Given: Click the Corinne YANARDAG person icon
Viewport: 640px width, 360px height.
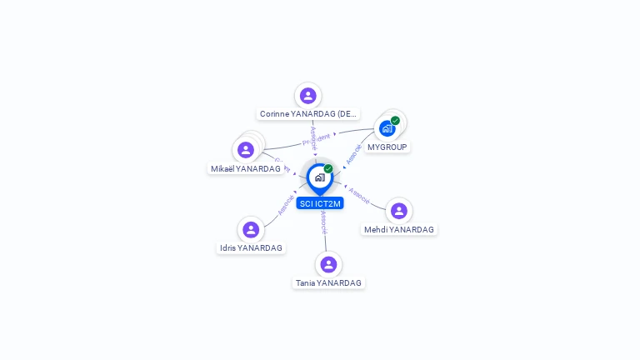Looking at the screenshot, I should pyautogui.click(x=308, y=96).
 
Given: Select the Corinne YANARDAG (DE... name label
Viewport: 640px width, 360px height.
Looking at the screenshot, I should pyautogui.click(x=308, y=113).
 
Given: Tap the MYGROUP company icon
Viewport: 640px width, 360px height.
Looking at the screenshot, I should pyautogui.click(x=387, y=128).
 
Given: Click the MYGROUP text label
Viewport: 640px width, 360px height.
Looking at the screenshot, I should pyautogui.click(x=387, y=147).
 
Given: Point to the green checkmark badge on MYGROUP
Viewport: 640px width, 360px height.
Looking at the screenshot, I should pyautogui.click(x=395, y=121).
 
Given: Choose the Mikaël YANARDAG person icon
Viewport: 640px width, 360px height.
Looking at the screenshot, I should pyautogui.click(x=246, y=150).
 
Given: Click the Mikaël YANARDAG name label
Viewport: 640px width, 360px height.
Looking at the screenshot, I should pyautogui.click(x=246, y=168).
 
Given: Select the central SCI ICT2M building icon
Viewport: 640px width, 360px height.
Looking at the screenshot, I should pyautogui.click(x=319, y=177).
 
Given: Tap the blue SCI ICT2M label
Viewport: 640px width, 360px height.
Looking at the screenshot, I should pyautogui.click(x=320, y=202).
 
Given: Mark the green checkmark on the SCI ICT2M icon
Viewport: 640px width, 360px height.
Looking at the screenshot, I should pyautogui.click(x=328, y=169).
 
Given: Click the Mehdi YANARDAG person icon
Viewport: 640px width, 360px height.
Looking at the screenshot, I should pyautogui.click(x=399, y=211).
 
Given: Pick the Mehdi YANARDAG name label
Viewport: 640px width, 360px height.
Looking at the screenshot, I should pyautogui.click(x=399, y=229).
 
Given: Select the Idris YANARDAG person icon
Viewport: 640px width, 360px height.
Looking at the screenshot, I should pyautogui.click(x=251, y=229).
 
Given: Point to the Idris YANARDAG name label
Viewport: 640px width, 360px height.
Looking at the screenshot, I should pyautogui.click(x=251, y=247).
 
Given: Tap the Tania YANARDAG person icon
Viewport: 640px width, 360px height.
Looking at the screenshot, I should pyautogui.click(x=328, y=264).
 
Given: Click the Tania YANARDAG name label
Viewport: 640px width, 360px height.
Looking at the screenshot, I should pyautogui.click(x=328, y=282).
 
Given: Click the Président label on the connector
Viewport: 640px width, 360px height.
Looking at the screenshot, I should pyautogui.click(x=317, y=138).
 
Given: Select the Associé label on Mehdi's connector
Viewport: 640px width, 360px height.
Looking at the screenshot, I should pyautogui.click(x=360, y=196).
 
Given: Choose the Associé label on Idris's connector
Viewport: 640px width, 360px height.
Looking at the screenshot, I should pyautogui.click(x=286, y=204).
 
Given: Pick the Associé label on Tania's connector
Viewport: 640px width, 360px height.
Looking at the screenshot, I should pyautogui.click(x=323, y=222).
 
